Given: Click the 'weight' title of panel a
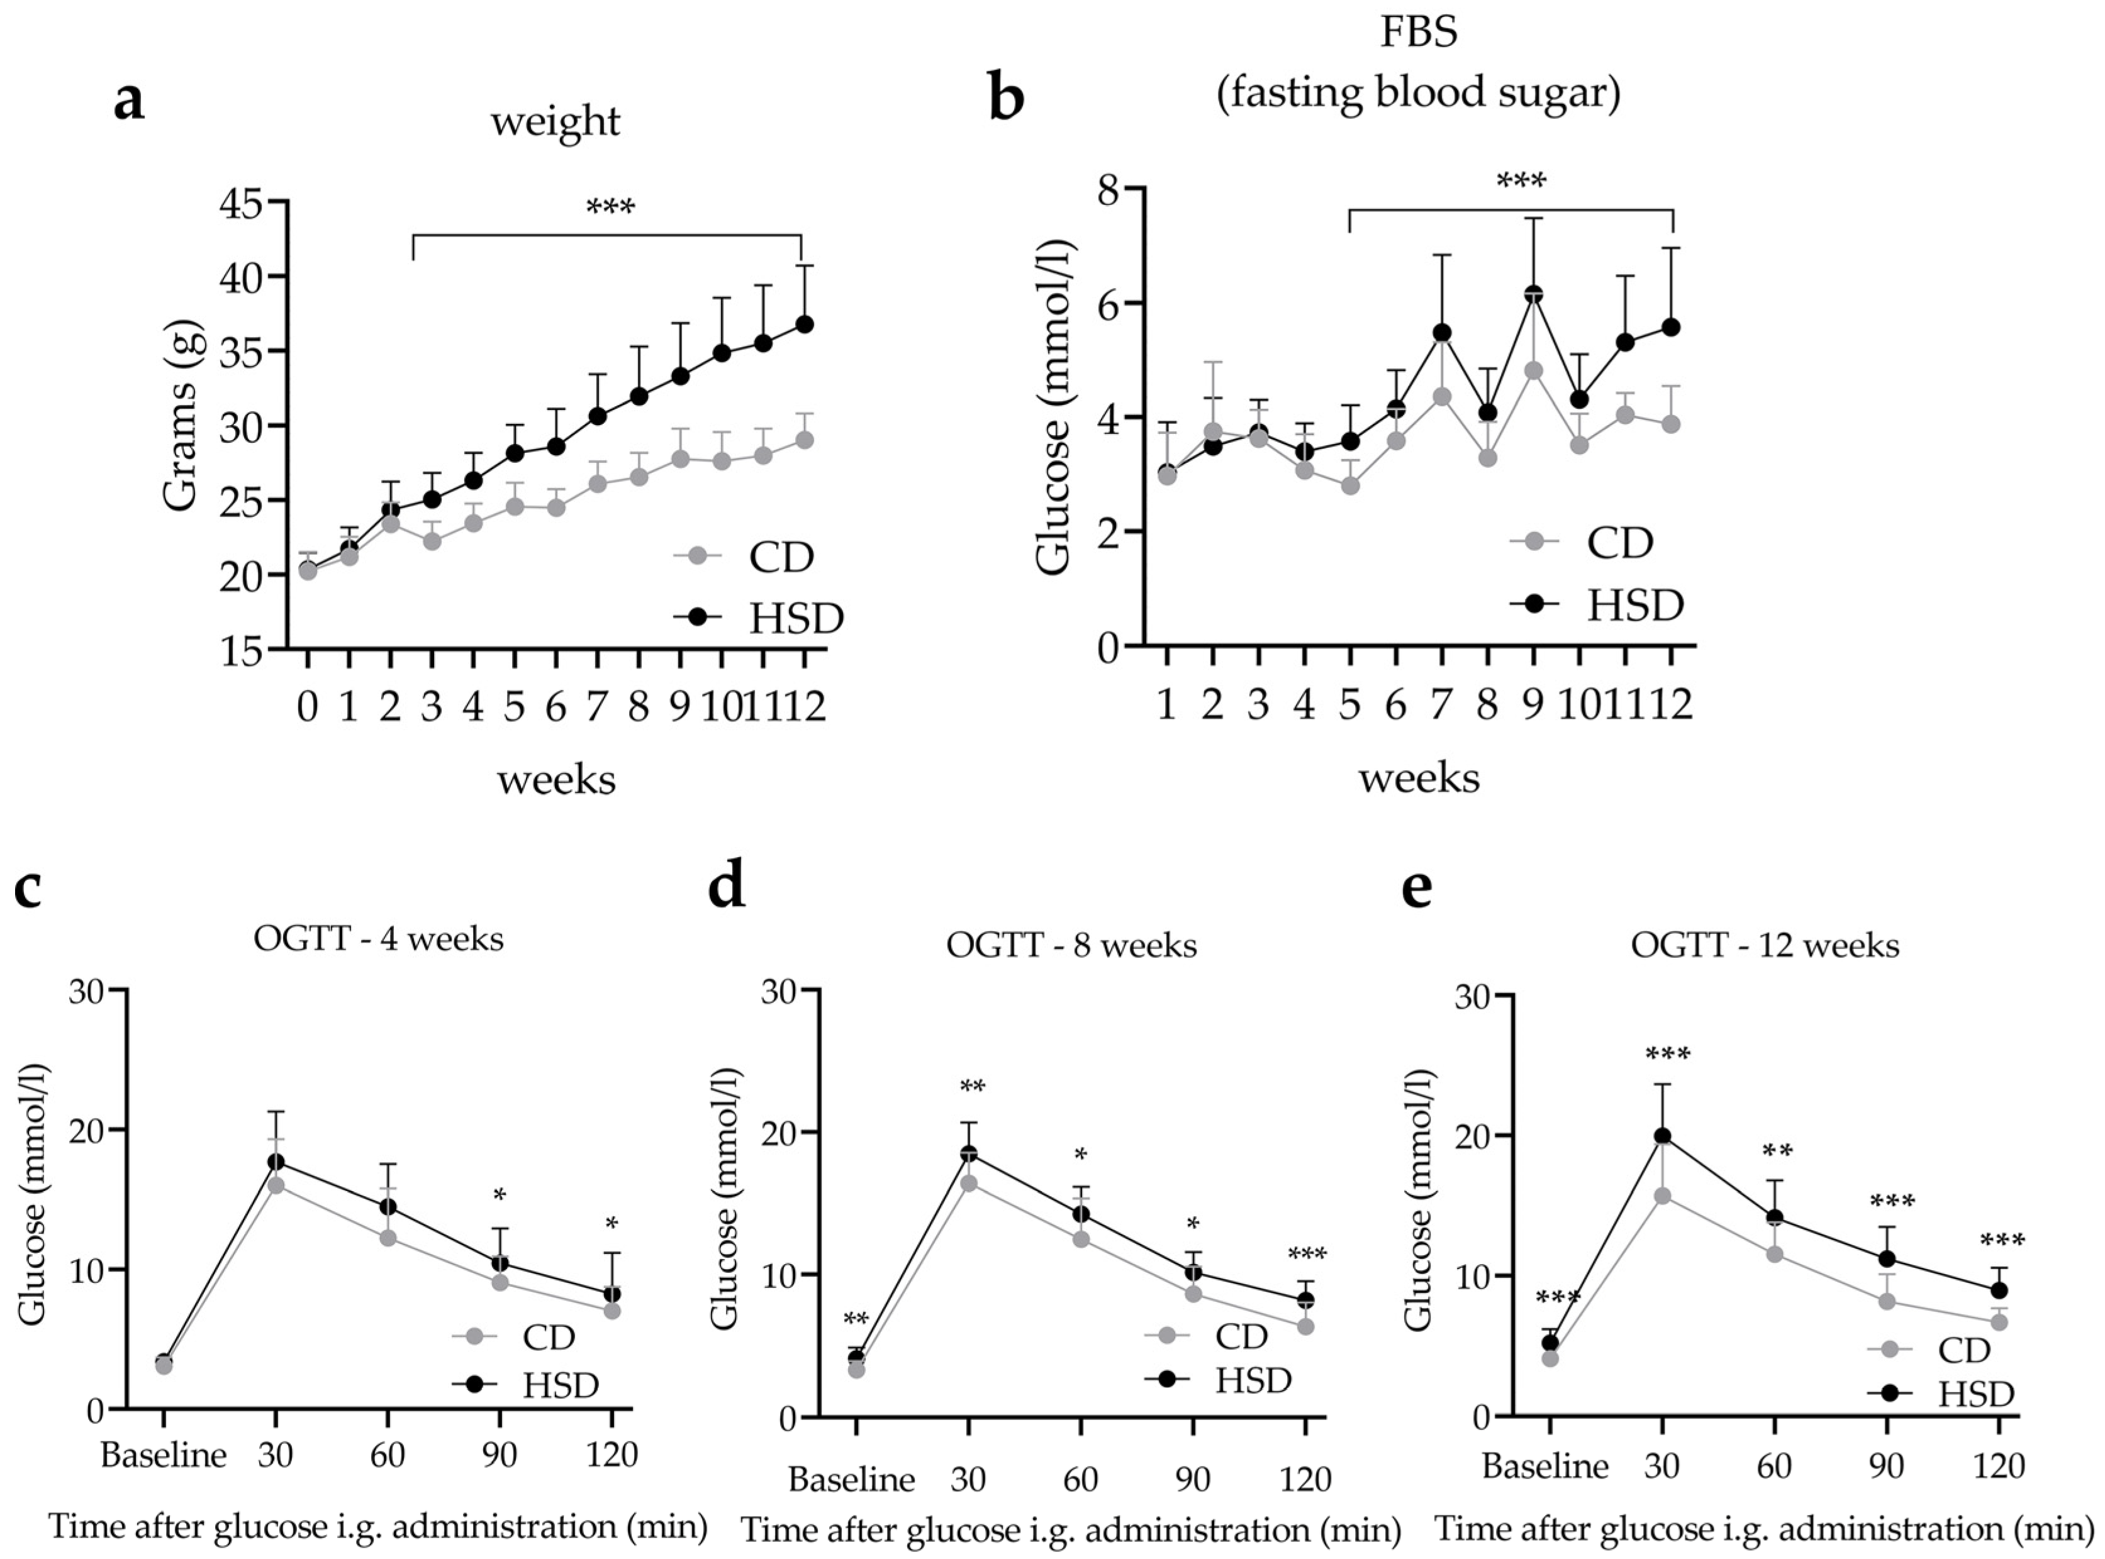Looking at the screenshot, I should (555, 122).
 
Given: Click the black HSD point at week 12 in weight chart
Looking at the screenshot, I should (804, 324).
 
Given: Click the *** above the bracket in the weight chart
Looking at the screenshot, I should (611, 207).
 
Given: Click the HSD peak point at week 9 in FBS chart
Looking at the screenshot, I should (1534, 294).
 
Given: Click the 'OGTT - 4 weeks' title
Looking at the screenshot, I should (379, 939).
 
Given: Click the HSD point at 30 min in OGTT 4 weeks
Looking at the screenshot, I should (276, 1162).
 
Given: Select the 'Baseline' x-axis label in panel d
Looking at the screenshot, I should (851, 1479).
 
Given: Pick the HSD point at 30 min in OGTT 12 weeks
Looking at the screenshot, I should (1662, 1136).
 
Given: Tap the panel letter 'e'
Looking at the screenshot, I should (1417, 889).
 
